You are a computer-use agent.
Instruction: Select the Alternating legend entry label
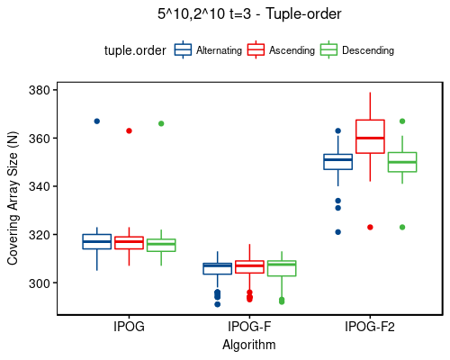pyautogui.click(x=220, y=51)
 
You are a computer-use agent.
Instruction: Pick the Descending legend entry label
pyautogui.click(x=367, y=51)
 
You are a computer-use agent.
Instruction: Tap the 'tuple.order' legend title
pyautogui.click(x=134, y=51)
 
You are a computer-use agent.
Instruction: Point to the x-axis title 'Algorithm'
pyautogui.click(x=248, y=344)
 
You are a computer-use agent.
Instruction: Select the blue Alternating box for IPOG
pyautogui.click(x=96, y=241)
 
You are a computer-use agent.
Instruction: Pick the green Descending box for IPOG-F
pyautogui.click(x=281, y=268)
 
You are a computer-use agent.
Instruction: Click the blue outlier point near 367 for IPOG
pyautogui.click(x=96, y=121)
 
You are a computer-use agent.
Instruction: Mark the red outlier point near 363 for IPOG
pyautogui.click(x=129, y=130)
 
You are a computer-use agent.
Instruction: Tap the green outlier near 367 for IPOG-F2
pyautogui.click(x=402, y=121)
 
